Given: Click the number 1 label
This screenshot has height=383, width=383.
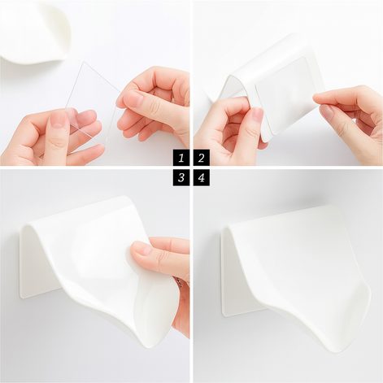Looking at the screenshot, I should click(x=181, y=158).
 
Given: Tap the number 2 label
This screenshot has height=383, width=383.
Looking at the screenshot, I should click(x=201, y=158).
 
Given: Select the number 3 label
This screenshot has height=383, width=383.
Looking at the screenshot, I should click(x=181, y=177).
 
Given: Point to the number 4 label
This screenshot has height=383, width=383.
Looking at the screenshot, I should click(x=201, y=177).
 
